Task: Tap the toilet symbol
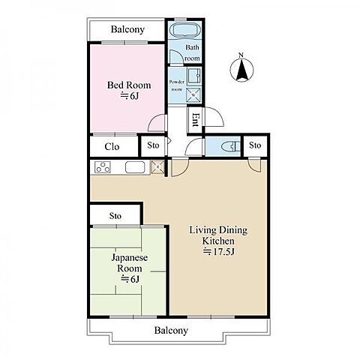[231, 146]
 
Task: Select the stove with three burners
[103, 167]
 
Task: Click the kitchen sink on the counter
[135, 167]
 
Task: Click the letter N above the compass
[241, 55]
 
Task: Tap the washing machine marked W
[193, 95]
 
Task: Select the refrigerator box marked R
[157, 166]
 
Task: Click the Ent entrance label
[196, 120]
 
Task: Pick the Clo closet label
[112, 147]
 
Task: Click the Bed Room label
[129, 85]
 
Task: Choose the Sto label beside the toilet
[255, 145]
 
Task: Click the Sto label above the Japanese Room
[115, 216]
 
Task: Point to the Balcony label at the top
[127, 29]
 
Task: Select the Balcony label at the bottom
[171, 331]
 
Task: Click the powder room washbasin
[193, 75]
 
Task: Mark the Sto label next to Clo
[153, 145]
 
